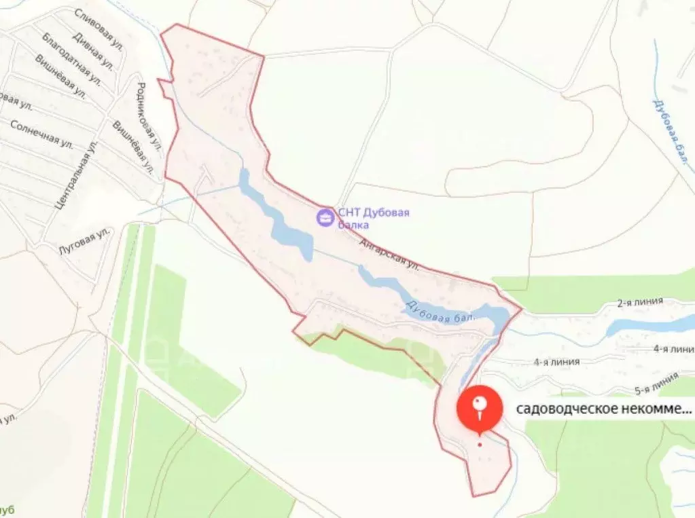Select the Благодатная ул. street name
(71, 67)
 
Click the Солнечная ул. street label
(42, 134)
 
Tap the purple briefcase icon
(326, 217)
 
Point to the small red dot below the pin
(480, 445)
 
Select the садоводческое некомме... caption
(605, 409)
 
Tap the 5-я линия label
(656, 386)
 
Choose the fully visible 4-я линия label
(556, 362)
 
